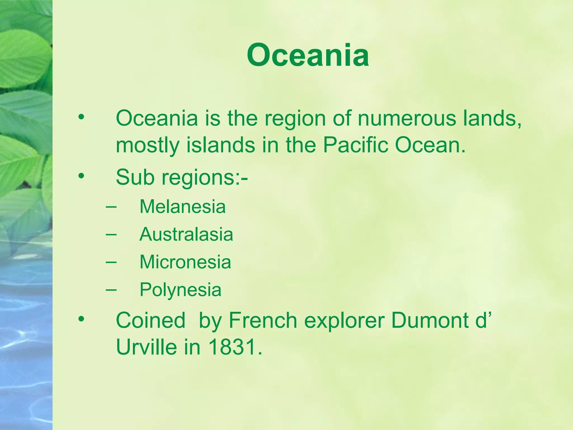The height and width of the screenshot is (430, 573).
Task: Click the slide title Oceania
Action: coord(308,55)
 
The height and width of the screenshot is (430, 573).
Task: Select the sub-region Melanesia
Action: coord(182,207)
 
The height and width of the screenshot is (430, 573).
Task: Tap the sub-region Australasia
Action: coord(186,234)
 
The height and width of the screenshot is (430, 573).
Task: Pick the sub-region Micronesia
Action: coord(185,262)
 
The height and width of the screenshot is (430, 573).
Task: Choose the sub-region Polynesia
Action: coord(180,289)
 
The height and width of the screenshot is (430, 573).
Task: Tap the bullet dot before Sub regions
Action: coord(81,176)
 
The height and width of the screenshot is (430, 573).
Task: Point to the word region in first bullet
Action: coord(295,119)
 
